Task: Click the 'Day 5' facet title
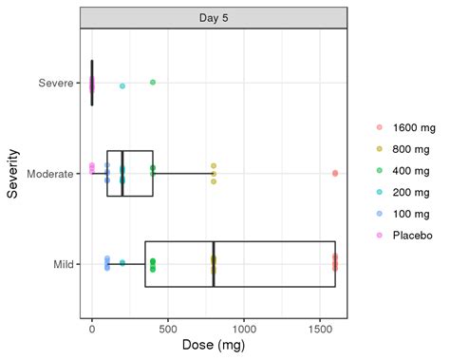click(x=213, y=17)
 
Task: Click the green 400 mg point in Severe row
click(x=153, y=83)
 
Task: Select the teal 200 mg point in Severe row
click(x=122, y=86)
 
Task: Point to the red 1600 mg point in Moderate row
click(x=335, y=173)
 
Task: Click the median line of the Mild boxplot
click(x=214, y=263)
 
